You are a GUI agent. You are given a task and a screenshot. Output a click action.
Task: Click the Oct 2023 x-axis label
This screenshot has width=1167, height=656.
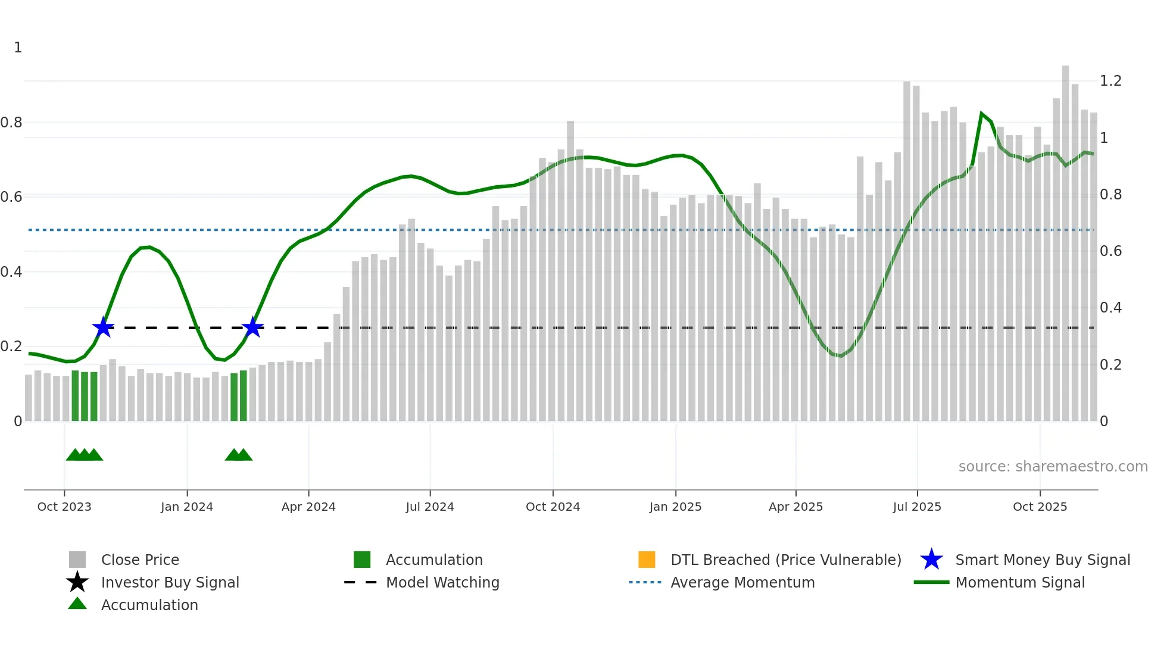(64, 507)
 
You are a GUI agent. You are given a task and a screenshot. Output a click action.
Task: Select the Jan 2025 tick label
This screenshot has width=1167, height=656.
(675, 507)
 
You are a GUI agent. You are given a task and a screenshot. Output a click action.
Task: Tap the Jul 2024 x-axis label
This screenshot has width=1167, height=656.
(430, 507)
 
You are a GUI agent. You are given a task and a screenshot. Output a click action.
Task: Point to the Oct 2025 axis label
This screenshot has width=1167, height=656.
(1040, 507)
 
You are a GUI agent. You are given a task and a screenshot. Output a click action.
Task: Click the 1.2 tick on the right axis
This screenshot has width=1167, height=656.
(1110, 81)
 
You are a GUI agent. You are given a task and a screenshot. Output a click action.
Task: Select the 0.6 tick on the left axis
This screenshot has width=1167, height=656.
(11, 197)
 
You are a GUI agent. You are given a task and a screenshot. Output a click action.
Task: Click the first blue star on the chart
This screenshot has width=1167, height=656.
(103, 327)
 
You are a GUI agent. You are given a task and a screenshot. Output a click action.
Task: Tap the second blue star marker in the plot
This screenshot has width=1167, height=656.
(253, 327)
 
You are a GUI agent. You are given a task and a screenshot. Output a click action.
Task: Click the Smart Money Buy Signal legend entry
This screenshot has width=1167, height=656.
(1042, 560)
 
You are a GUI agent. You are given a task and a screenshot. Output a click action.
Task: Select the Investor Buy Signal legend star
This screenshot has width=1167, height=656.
(77, 582)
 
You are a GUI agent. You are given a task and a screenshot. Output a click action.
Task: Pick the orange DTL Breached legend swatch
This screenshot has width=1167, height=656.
(647, 560)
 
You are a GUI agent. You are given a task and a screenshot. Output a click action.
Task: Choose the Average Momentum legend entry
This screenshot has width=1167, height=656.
(742, 582)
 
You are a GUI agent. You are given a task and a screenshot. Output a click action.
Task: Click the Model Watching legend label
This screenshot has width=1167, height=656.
(442, 582)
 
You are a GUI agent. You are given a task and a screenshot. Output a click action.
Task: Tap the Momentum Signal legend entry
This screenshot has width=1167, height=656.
(1019, 582)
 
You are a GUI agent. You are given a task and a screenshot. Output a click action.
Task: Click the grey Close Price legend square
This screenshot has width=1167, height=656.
(77, 560)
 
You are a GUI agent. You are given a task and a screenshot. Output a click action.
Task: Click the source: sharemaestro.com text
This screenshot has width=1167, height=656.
(1053, 467)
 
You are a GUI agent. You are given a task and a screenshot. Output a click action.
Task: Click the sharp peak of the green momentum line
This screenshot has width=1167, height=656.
(981, 113)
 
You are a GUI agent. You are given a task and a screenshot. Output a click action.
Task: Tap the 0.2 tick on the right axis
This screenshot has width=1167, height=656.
(1110, 364)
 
